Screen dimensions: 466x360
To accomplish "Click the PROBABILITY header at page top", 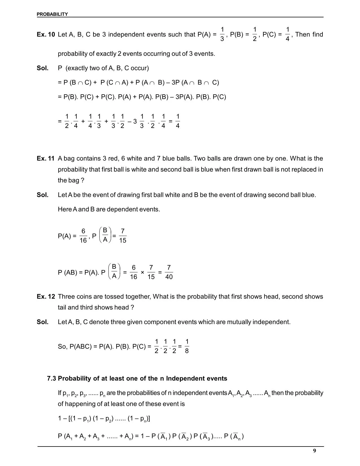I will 52,14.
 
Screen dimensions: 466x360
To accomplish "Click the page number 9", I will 315,451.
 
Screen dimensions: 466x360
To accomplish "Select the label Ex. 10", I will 46,34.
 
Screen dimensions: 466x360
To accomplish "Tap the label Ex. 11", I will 45,158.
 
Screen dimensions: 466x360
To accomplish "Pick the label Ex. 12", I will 46,297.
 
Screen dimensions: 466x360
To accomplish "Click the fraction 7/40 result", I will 169,272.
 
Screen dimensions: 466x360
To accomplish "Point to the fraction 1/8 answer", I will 187,346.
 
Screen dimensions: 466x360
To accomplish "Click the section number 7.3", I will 52,378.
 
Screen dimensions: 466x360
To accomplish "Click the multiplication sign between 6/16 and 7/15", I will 142,273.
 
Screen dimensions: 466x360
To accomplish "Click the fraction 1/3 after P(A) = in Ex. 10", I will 222,34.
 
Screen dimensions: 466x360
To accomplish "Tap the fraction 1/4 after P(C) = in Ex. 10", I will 287,34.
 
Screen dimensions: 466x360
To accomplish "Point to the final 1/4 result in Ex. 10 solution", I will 178,121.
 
